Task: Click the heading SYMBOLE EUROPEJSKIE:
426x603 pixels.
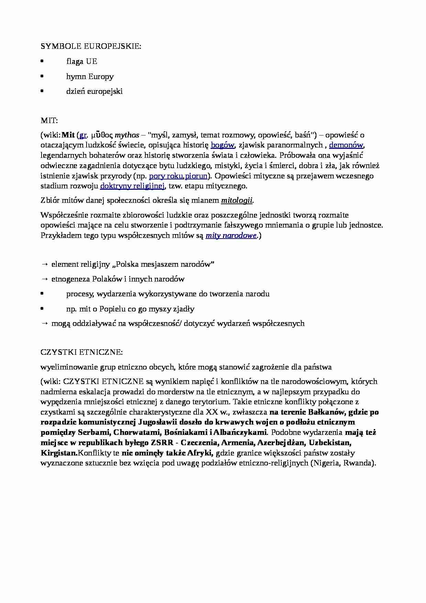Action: [91, 46]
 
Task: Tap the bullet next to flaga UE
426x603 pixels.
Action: [42, 62]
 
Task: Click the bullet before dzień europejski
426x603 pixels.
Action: [42, 91]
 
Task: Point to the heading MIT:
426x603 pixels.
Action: [49, 121]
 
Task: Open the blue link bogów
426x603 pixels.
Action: [222, 145]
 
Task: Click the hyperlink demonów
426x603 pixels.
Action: [346, 145]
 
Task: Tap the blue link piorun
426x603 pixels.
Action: [196, 176]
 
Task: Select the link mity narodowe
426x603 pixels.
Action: [231, 236]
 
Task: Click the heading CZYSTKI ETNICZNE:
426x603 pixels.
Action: [81, 352]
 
